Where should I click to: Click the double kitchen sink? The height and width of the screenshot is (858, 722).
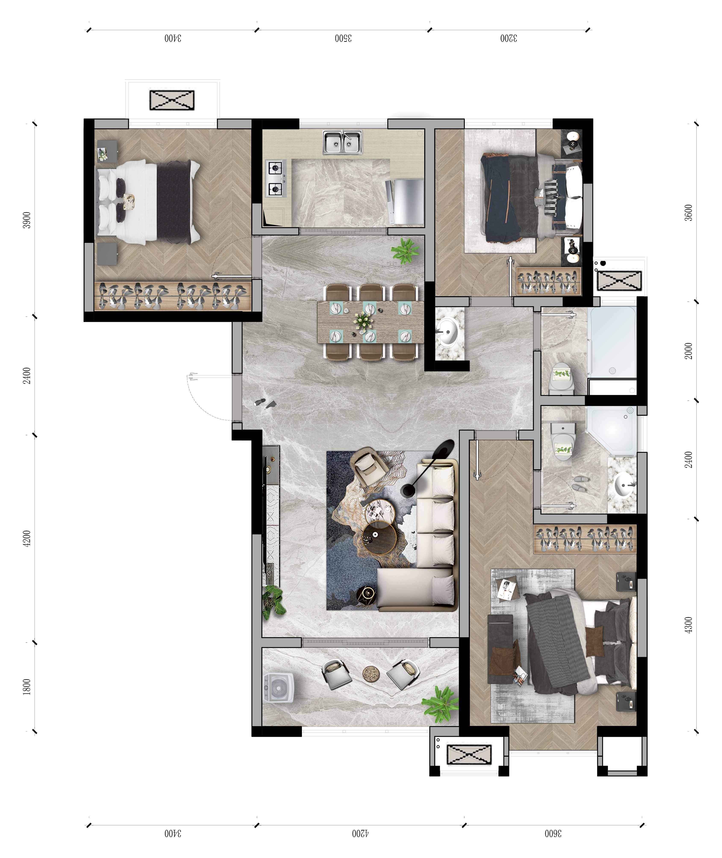pyautogui.click(x=342, y=143)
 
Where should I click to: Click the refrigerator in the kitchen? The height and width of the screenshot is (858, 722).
pyautogui.click(x=405, y=202)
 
